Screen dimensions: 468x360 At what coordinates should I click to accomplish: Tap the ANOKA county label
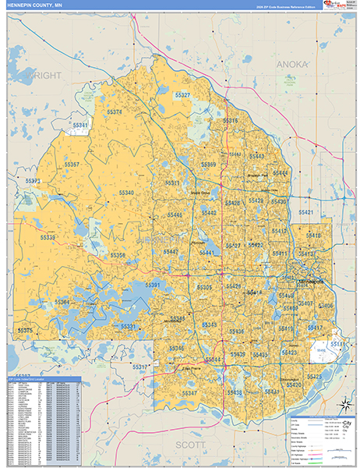(293, 62)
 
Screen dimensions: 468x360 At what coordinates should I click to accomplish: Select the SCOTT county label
(192, 444)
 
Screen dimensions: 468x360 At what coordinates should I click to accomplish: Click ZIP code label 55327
(182, 95)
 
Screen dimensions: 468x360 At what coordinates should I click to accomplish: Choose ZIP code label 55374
(114, 112)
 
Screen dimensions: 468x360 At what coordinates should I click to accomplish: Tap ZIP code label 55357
(72, 165)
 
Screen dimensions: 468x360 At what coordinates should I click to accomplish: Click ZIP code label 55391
(154, 285)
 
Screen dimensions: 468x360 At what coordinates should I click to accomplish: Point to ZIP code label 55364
(62, 302)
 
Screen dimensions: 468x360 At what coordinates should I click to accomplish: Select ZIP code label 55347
(189, 393)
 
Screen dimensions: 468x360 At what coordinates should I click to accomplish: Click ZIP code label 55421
(305, 212)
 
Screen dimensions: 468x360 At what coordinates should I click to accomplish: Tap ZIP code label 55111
(337, 343)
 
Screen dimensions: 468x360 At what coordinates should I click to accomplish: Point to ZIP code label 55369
(208, 165)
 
